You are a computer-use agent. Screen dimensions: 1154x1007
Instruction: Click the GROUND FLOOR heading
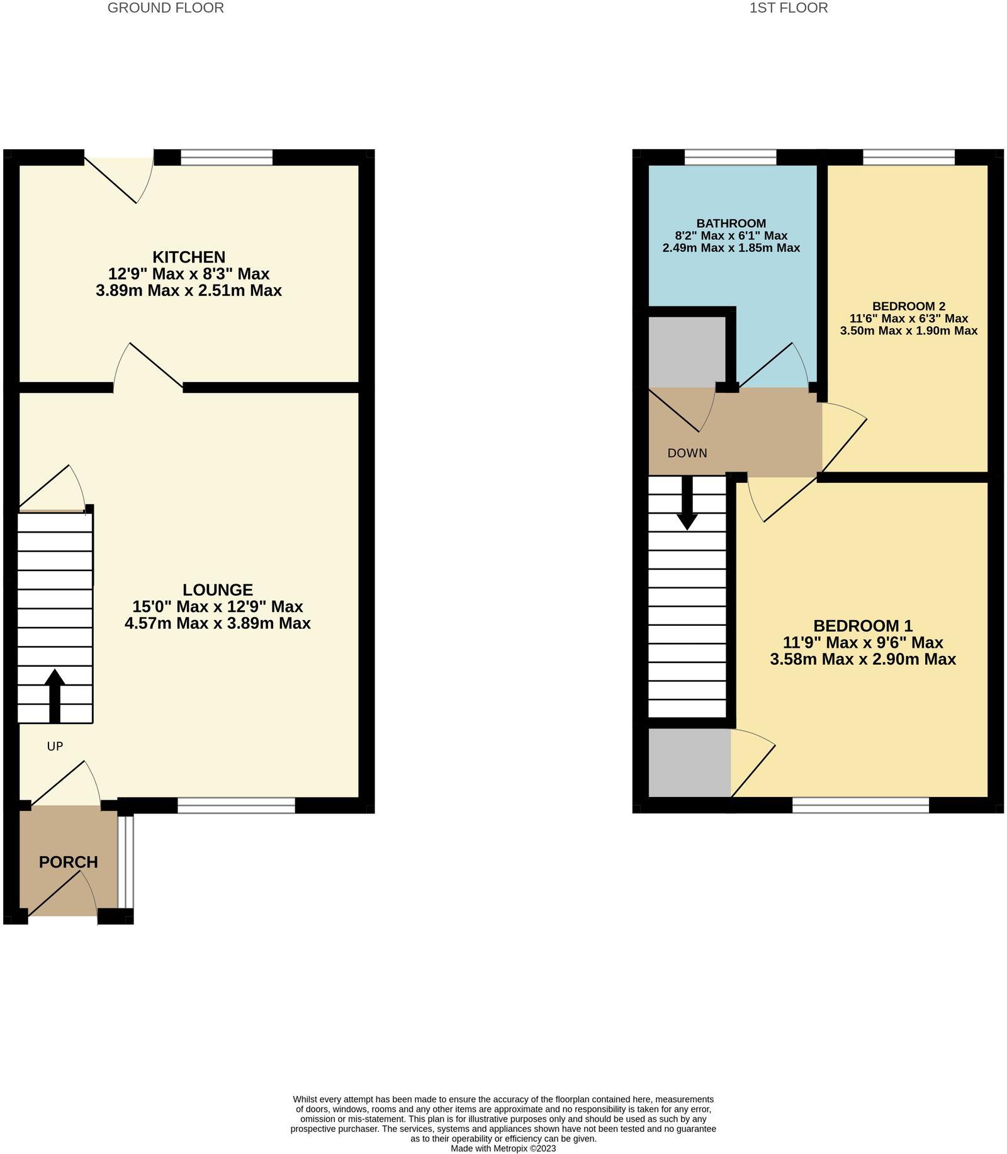point(166,8)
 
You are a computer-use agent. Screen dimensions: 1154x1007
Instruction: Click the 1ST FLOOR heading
point(788,8)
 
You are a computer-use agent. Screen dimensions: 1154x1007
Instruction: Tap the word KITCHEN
point(189,257)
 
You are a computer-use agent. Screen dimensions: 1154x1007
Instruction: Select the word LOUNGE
point(218,590)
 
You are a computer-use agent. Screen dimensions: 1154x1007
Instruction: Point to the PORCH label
point(69,862)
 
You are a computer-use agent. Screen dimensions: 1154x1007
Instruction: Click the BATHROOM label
point(731,223)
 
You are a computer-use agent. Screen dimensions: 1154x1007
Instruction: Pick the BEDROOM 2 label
point(908,307)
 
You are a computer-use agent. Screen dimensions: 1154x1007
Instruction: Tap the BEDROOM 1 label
point(862,626)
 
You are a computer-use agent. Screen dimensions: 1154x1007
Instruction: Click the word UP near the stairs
point(55,747)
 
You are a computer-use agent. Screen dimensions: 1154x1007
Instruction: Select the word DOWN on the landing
point(687,453)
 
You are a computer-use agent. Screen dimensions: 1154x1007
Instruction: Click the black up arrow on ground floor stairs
point(55,693)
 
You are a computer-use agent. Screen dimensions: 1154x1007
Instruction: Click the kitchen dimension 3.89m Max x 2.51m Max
point(189,291)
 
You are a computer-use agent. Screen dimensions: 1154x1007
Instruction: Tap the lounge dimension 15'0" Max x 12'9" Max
point(218,607)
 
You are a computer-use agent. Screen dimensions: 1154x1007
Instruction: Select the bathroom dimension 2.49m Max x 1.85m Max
point(731,248)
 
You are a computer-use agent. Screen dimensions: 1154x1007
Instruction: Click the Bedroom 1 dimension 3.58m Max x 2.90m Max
point(862,659)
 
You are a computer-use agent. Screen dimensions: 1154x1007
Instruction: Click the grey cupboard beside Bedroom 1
point(689,762)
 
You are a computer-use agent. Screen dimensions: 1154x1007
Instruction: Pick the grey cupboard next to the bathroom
point(687,351)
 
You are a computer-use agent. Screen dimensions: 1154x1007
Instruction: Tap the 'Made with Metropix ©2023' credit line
point(503,1148)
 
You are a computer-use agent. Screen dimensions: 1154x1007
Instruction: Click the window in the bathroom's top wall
point(730,157)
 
